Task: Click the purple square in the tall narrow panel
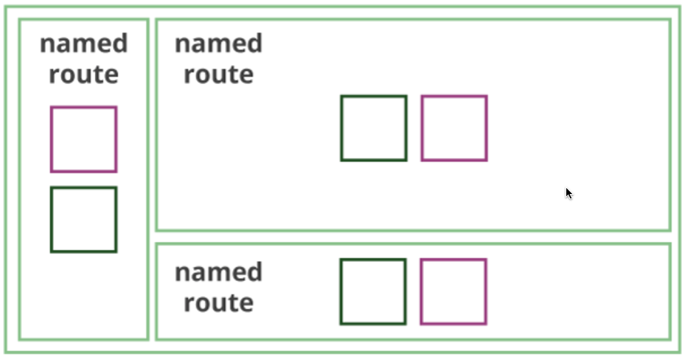point(83,139)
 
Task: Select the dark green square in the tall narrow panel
point(83,220)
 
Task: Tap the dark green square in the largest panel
point(374,128)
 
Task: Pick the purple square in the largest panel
point(454,128)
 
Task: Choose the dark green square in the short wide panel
point(373,291)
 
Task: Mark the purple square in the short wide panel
point(453,291)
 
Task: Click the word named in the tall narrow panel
point(83,44)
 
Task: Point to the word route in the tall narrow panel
point(83,75)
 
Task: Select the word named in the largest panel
point(218,44)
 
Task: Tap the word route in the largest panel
point(218,75)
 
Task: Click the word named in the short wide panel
point(218,272)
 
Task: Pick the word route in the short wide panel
point(218,303)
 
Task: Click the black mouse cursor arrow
point(568,193)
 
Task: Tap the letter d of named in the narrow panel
point(119,43)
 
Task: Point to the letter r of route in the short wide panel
point(189,304)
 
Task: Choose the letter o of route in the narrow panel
point(68,75)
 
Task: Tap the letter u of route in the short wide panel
point(219,304)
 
